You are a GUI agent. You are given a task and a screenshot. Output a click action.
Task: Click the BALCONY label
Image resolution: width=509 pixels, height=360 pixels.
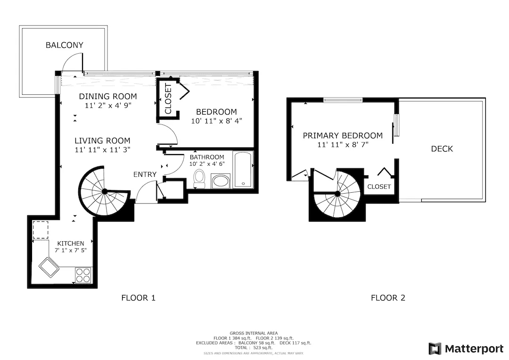pos(64,45)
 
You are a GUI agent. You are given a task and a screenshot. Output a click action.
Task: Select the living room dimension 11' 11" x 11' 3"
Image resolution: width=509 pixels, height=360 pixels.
pos(102,149)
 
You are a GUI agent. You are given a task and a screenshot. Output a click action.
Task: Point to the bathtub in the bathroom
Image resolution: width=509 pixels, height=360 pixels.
pos(243,170)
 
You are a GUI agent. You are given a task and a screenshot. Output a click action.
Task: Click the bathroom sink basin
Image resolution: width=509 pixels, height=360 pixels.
pos(221,181)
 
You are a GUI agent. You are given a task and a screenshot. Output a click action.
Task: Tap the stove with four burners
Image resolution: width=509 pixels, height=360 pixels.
pos(83,275)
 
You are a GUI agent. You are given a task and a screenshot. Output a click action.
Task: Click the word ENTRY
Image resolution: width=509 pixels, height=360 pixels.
pos(145,174)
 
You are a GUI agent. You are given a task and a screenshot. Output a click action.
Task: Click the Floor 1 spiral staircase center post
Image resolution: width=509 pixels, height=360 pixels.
pos(105,191)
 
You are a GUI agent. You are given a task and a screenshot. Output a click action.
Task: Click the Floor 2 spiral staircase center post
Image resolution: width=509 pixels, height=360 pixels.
pos(337,193)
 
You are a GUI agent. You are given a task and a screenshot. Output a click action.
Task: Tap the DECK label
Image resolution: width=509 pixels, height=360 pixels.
pos(442,149)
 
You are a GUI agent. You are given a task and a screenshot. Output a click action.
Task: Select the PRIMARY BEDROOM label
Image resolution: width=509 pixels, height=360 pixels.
pos(343,136)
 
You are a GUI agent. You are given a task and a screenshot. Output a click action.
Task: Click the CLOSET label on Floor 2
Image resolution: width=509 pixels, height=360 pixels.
pos(379,187)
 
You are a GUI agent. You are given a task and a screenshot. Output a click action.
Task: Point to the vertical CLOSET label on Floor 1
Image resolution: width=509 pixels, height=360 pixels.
pos(168,98)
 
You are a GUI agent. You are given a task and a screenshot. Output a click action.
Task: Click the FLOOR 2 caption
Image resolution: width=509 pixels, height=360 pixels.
pos(388,297)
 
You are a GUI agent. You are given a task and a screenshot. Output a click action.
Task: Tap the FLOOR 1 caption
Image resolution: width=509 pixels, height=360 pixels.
pos(139,297)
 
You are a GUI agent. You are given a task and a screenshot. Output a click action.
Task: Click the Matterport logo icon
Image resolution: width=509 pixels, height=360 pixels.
pos(435,349)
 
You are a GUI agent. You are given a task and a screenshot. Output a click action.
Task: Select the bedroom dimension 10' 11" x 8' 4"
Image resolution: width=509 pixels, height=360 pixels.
pos(216,121)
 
